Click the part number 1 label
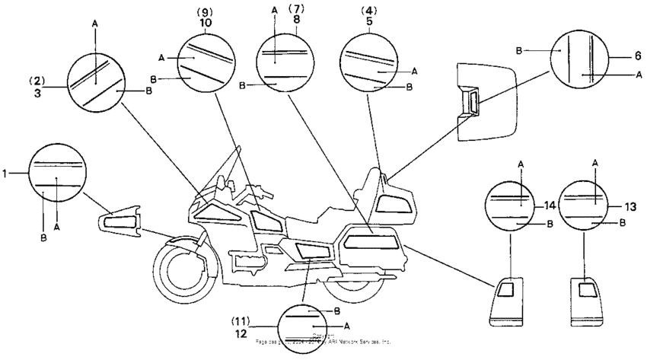click(5, 174)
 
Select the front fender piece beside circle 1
click(121, 221)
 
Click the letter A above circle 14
click(521, 163)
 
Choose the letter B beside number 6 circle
click(519, 50)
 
